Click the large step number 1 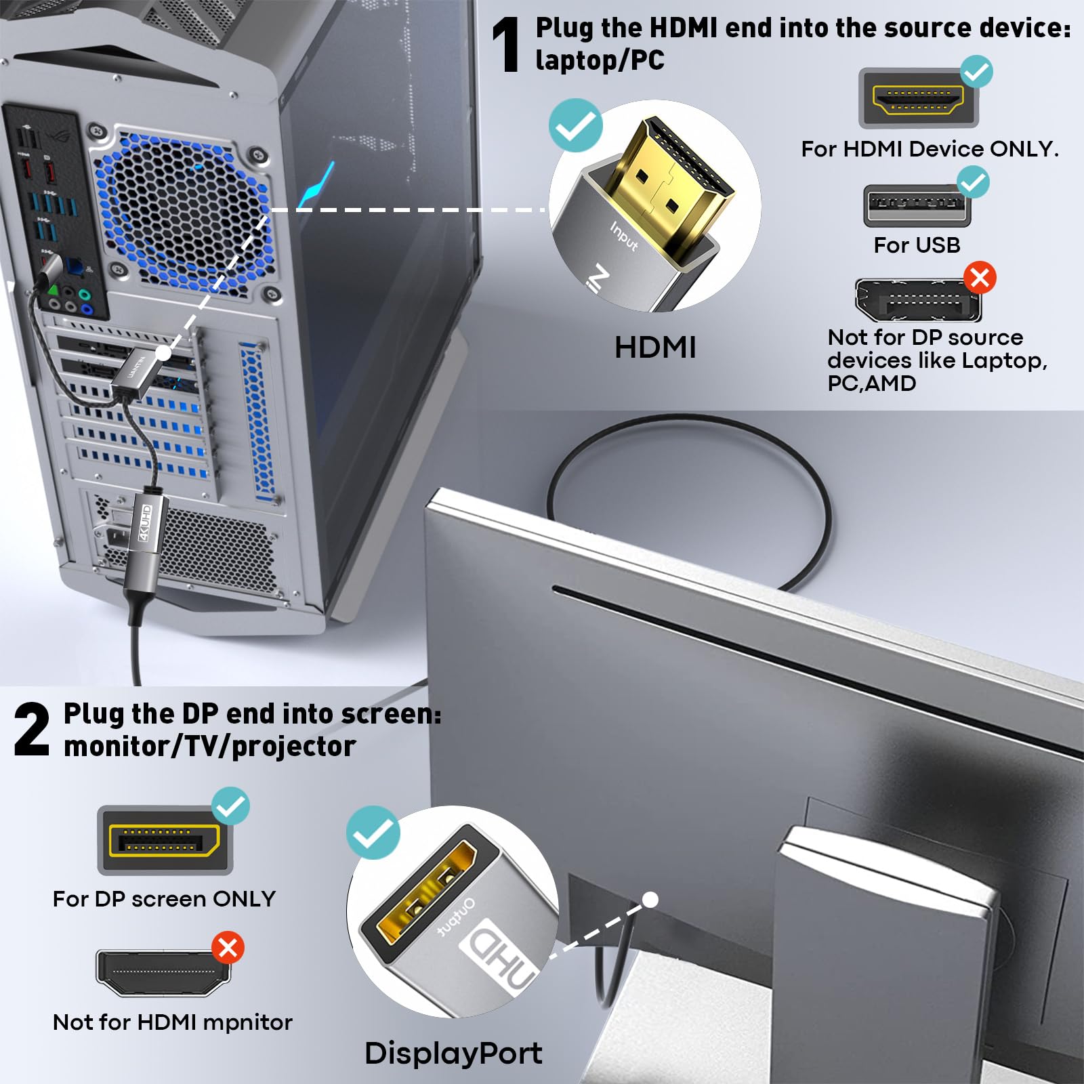pos(505,45)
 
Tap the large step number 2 pos(32,730)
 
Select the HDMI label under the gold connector pos(654,348)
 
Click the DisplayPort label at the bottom pos(453,1054)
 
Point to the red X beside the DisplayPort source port pos(980,278)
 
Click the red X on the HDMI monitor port pos(228,948)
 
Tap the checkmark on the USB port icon pos(973,182)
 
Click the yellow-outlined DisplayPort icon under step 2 pos(164,841)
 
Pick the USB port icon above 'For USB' pos(917,205)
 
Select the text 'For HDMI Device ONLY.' pos(930,148)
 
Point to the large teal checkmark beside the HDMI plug pos(575,125)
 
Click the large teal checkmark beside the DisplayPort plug pos(373,833)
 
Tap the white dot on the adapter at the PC pos(163,353)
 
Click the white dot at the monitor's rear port pos(650,900)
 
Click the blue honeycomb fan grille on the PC pos(183,210)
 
